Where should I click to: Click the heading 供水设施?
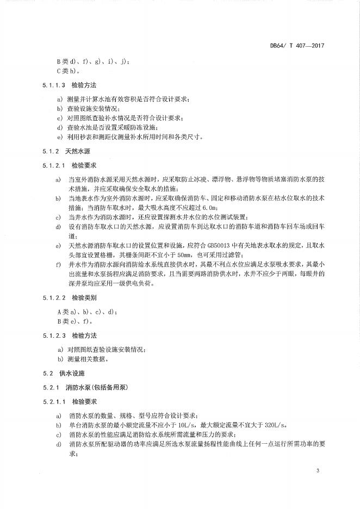click(70, 374)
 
